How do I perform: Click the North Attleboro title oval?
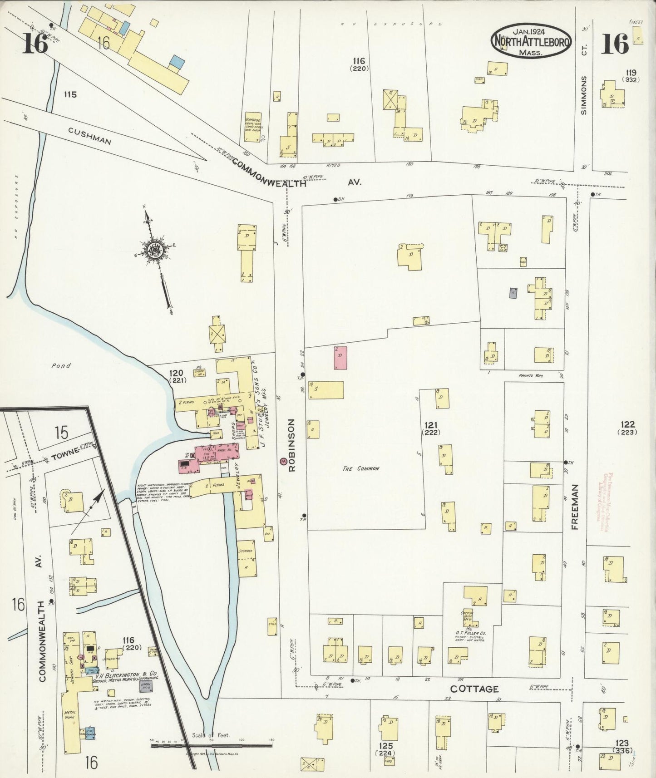point(530,41)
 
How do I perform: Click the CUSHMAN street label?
point(90,135)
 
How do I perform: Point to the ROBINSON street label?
point(291,445)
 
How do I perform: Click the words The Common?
point(360,469)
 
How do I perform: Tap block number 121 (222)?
point(431,428)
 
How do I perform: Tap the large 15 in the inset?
point(61,433)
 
